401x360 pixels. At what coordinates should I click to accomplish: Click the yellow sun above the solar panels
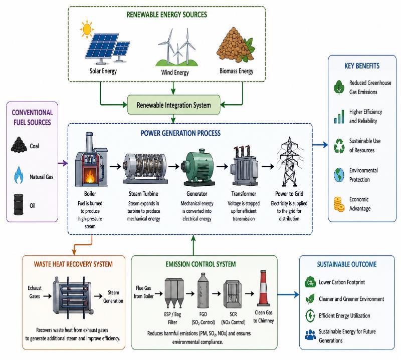coord(87,28)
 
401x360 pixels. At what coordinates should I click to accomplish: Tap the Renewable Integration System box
coord(173,105)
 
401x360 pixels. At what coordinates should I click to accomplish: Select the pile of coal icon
coord(19,145)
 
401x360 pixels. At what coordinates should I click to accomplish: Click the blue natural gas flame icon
coord(19,175)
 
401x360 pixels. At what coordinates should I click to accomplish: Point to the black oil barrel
coord(19,204)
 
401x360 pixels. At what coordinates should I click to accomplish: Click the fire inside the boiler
coord(90,176)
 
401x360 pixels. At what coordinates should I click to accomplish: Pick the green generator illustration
coord(197,169)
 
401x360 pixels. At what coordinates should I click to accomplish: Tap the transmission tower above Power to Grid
coord(290,162)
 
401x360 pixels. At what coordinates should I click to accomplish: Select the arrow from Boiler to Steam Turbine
coord(115,166)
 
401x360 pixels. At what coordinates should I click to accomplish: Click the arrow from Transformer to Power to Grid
coord(268,166)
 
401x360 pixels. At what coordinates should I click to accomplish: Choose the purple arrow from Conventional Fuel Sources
coord(63,163)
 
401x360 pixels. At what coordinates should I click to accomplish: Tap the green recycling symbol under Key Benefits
coord(339,146)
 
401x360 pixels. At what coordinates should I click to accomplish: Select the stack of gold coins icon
coord(339,204)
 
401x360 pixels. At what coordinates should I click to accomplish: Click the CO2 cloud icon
coord(310,282)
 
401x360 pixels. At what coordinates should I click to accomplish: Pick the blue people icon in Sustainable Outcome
coord(310,334)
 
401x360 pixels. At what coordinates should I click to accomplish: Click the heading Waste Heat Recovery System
coord(73,264)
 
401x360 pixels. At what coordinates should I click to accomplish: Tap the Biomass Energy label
coord(236,71)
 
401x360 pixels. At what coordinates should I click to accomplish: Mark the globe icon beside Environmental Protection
coord(339,175)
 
